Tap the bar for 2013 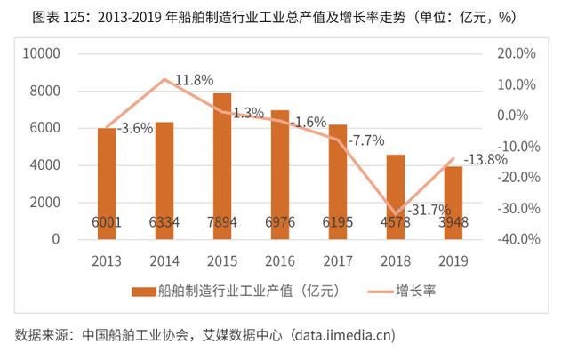pyautogui.click(x=107, y=183)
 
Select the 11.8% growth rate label pyautogui.click(x=194, y=80)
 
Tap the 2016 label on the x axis pyautogui.click(x=280, y=260)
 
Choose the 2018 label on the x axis pyautogui.click(x=396, y=260)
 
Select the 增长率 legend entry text pyautogui.click(x=414, y=290)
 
